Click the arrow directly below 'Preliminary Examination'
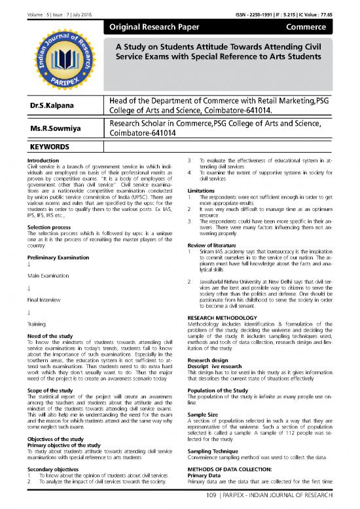tap(25, 265)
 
